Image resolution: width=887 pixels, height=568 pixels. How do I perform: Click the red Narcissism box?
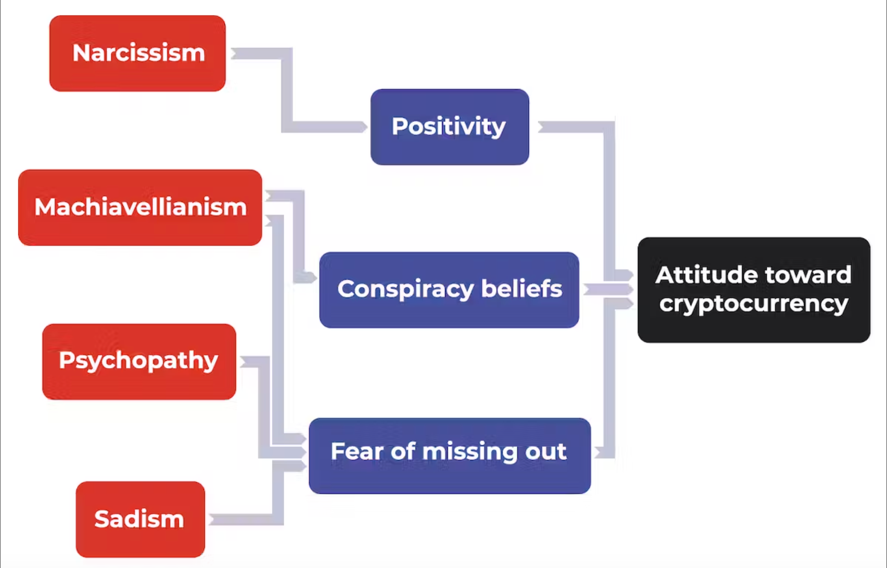coord(137,53)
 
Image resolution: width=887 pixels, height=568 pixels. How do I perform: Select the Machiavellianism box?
coord(140,207)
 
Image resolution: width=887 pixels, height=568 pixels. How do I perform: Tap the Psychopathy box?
coord(139,362)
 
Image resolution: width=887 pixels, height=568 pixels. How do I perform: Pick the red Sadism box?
coord(140,519)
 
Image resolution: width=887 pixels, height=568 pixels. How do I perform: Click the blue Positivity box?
coord(450,127)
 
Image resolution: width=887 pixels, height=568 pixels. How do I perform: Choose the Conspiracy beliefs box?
coord(449,290)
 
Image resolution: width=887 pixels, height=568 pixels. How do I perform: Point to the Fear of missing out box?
coord(450,456)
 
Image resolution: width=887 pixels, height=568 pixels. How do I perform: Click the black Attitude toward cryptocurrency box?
coord(754,290)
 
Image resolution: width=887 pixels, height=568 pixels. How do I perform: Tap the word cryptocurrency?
coord(754,304)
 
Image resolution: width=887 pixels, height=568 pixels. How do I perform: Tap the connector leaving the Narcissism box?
coord(287,89)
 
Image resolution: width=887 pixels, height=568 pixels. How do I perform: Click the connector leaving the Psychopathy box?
coord(263,406)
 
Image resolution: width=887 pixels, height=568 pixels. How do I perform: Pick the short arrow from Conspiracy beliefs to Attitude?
coord(609,289)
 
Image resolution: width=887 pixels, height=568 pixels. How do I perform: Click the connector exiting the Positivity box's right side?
coord(609,195)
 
